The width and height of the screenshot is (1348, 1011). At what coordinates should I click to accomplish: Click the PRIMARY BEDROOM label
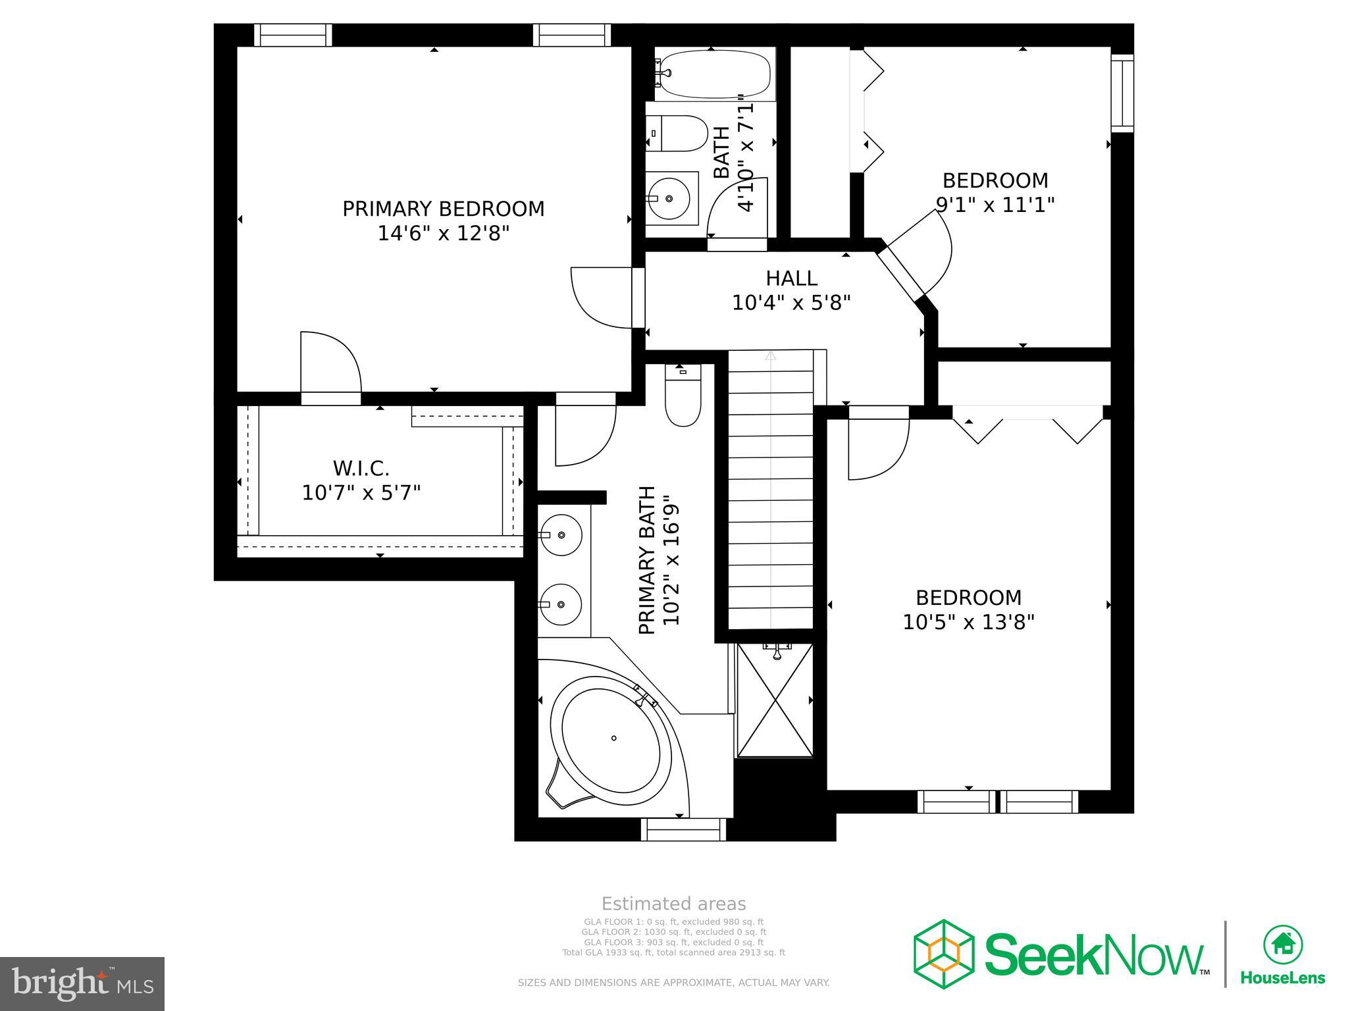[443, 209]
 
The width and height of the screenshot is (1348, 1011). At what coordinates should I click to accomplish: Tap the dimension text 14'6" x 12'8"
[443, 234]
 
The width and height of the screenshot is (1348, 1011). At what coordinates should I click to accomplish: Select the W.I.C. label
[361, 469]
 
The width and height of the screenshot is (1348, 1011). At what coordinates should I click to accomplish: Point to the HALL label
[791, 278]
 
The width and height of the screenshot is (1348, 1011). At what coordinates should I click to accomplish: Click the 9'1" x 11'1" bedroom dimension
[995, 205]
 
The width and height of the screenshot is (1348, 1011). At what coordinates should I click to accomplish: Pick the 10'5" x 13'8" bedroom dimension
[968, 622]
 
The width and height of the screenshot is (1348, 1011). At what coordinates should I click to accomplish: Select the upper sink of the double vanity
[561, 535]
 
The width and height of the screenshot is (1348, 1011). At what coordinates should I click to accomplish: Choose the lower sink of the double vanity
[561, 604]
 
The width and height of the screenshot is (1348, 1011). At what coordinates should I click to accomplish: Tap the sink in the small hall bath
[669, 197]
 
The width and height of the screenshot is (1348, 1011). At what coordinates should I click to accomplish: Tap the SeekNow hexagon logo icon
[943, 954]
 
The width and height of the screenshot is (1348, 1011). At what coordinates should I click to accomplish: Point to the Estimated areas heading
[673, 904]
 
